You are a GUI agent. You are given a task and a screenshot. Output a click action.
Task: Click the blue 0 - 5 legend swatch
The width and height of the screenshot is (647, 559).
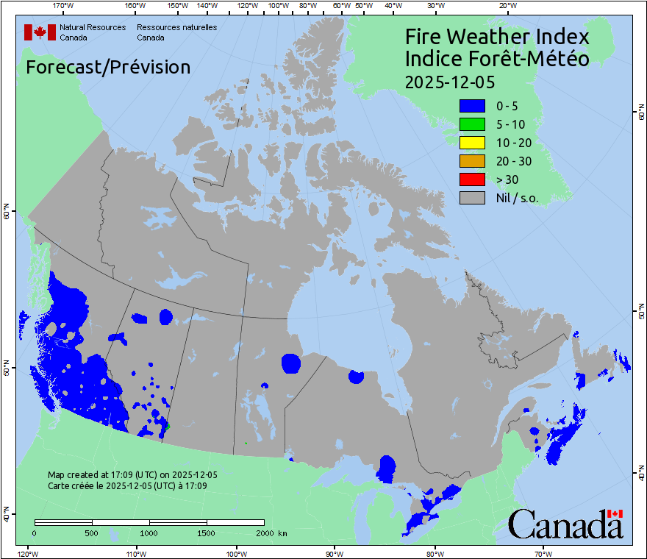tap(472, 106)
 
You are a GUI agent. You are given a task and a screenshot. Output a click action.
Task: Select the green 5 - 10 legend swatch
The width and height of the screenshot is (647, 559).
tap(472, 124)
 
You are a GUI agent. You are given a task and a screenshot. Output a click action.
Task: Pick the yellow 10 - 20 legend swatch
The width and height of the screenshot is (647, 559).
tap(472, 143)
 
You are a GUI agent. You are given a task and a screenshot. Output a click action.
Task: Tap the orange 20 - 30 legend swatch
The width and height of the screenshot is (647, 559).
tap(472, 161)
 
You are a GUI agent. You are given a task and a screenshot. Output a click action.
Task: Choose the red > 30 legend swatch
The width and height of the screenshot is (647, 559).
tap(472, 179)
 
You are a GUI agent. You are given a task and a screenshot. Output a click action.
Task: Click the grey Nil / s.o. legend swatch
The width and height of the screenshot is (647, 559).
tap(472, 198)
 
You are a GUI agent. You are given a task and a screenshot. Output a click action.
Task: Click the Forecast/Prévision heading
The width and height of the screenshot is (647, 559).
tap(108, 67)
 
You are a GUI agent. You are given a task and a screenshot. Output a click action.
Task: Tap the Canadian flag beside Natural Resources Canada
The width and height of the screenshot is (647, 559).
tap(40, 32)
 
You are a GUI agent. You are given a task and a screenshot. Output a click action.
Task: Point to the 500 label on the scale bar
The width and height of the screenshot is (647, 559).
tap(92, 533)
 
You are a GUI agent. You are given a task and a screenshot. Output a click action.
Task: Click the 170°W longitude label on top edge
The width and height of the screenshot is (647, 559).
tap(64, 6)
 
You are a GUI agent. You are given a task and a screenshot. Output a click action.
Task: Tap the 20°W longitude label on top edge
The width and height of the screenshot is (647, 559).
tap(507, 6)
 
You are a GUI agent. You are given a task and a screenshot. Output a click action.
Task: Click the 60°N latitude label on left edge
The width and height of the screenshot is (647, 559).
tap(6, 214)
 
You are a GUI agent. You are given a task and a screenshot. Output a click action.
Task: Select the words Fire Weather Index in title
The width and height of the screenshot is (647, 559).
tap(497, 37)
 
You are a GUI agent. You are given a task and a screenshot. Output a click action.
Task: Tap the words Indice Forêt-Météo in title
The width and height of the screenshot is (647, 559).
tap(497, 59)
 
